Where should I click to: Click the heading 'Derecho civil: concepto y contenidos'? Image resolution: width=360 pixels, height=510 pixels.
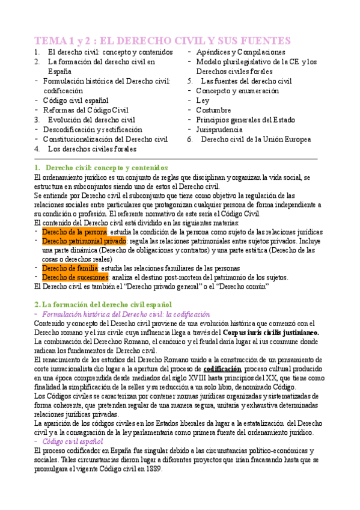click(x=107, y=168)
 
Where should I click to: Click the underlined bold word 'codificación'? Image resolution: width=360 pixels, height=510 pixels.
click(x=222, y=368)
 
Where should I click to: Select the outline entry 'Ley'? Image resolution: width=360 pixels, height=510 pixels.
click(x=203, y=100)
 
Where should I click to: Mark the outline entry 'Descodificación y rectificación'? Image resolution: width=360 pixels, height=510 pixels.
click(x=93, y=129)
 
